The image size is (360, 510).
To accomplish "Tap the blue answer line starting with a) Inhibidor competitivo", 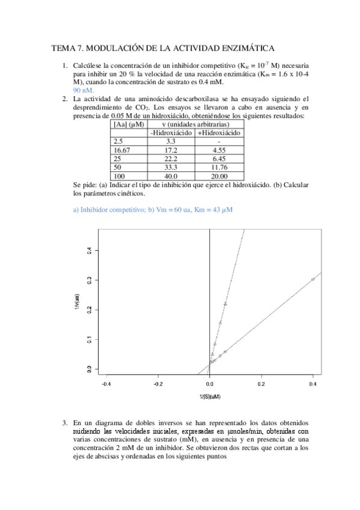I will tap(153, 209).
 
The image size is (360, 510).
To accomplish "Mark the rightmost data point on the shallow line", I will tap(313, 279).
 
